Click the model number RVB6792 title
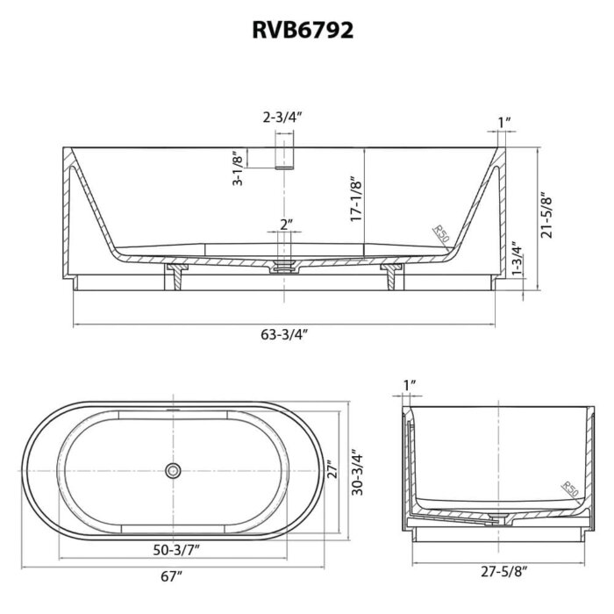pyautogui.click(x=303, y=30)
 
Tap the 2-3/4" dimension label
pyautogui.click(x=282, y=117)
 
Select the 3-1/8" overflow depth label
pyautogui.click(x=238, y=168)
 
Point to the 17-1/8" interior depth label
pyautogui.click(x=355, y=198)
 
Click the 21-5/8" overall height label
pyautogui.click(x=546, y=215)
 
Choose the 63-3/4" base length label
pyautogui.click(x=284, y=335)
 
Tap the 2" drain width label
pyautogui.click(x=287, y=225)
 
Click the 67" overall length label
pyautogui.click(x=172, y=577)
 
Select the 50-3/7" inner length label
pyautogui.click(x=176, y=551)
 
